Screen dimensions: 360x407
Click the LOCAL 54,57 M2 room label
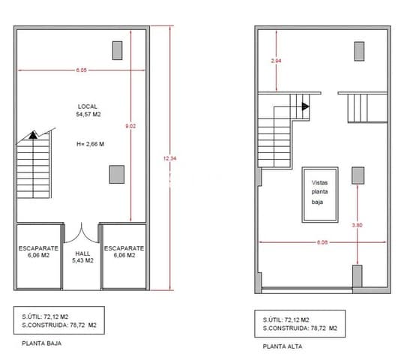pyautogui.click(x=88, y=111)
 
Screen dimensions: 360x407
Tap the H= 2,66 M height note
pyautogui.click(x=90, y=143)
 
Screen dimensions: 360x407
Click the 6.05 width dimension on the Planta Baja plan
pyautogui.click(x=81, y=70)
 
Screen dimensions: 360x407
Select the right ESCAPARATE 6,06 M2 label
pyautogui.click(x=124, y=251)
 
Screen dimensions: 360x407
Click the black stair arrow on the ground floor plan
pyautogui.click(x=33, y=135)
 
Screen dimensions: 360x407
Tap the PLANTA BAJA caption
pyautogui.click(x=42, y=344)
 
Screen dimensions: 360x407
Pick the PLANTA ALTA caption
pyautogui.click(x=282, y=346)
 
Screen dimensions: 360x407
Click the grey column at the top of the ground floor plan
pyautogui.click(x=117, y=50)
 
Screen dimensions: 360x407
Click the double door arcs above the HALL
pyautogui.click(x=82, y=231)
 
